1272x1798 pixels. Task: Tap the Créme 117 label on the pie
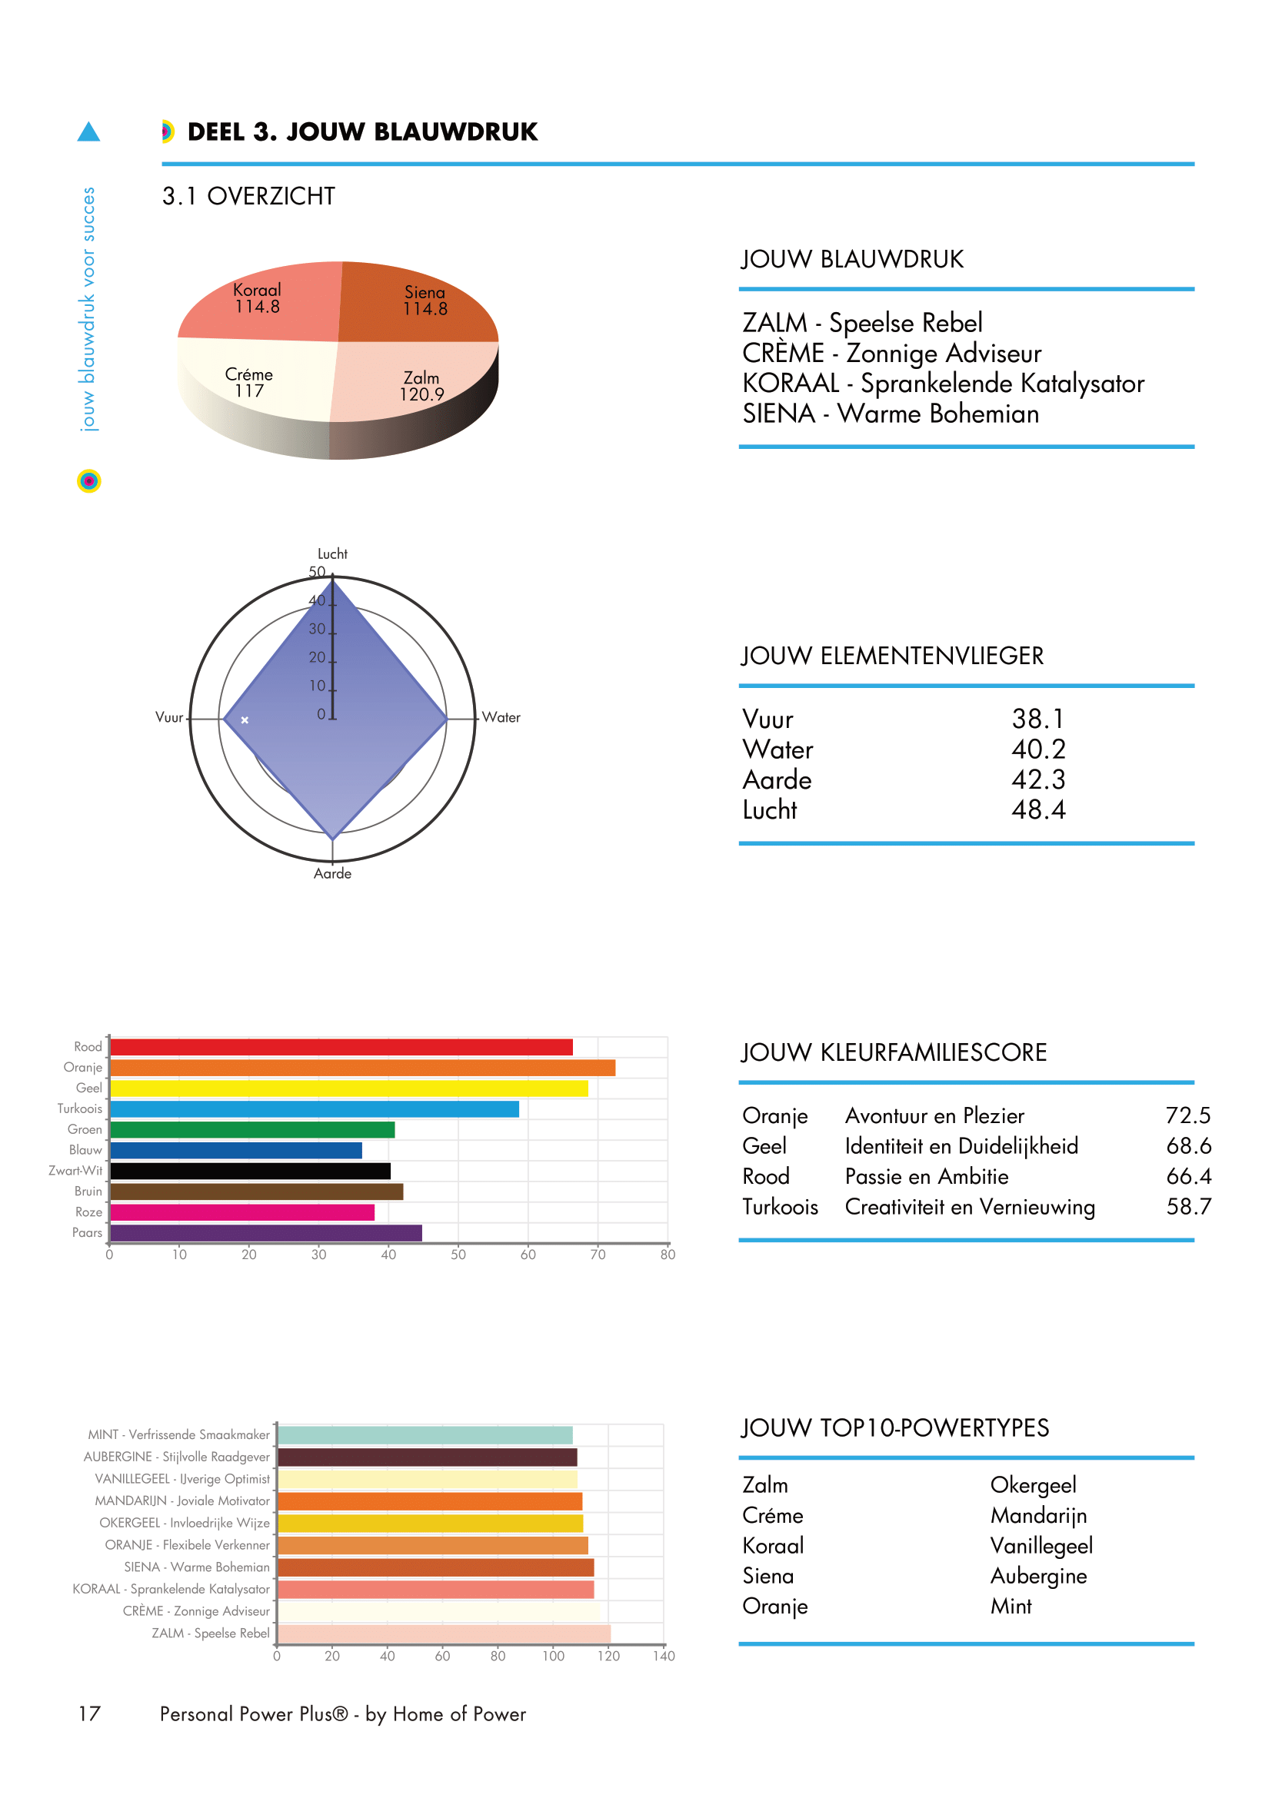[249, 383]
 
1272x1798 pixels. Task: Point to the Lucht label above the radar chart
[332, 553]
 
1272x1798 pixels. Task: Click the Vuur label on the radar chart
[168, 717]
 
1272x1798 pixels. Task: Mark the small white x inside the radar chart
[245, 720]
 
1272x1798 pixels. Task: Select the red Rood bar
[341, 1047]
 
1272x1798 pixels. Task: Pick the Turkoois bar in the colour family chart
[313, 1109]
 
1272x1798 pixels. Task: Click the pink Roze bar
[242, 1212]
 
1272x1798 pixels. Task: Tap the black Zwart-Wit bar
[250, 1171]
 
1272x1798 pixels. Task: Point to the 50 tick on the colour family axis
[458, 1255]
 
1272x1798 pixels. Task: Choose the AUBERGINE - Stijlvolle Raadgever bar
[427, 1457]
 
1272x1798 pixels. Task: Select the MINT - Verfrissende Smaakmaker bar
[425, 1435]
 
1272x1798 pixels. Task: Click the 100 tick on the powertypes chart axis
[553, 1657]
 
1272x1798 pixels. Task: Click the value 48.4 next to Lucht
[1037, 809]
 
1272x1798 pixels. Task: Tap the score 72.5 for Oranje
[1187, 1115]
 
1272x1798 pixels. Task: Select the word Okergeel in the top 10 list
[1033, 1485]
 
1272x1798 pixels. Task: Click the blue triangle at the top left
[88, 132]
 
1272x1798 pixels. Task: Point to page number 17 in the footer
[89, 1714]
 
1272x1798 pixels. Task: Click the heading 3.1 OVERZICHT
[248, 196]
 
